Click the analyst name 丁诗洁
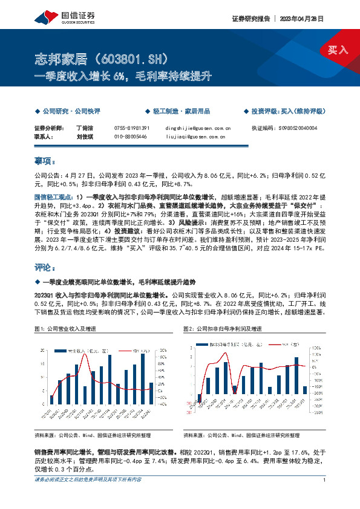pyautogui.click(x=83, y=129)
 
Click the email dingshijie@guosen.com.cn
pyautogui.click(x=197, y=129)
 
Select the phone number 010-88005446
pyautogui.click(x=130, y=137)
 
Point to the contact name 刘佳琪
pyautogui.click(x=83, y=137)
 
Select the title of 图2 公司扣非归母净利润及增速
pyautogui.click(x=223, y=328)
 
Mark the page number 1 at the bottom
pyautogui.click(x=325, y=480)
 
